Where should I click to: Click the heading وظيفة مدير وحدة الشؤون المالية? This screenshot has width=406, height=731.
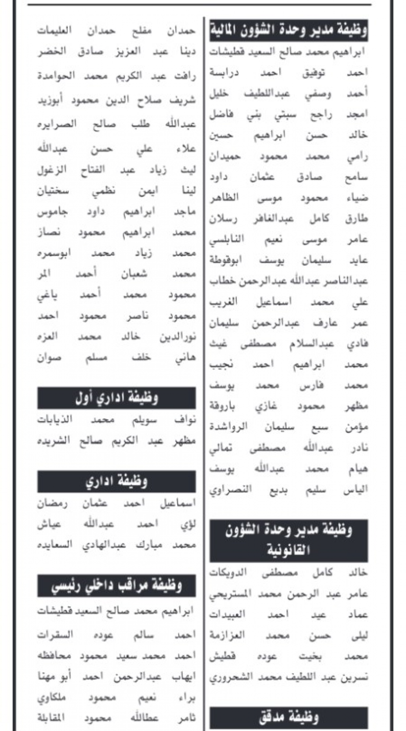pyautogui.click(x=288, y=32)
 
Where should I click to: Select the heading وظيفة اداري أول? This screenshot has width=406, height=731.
pyautogui.click(x=117, y=398)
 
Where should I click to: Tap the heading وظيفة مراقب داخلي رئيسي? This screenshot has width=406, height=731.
pyautogui.click(x=117, y=585)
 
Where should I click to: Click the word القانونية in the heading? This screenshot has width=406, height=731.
pyautogui.click(x=288, y=550)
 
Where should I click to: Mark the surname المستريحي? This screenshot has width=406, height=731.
pyautogui.click(x=231, y=594)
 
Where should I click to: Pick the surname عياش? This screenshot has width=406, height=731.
pyautogui.click(x=50, y=524)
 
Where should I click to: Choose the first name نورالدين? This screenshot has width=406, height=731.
pyautogui.click(x=178, y=337)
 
